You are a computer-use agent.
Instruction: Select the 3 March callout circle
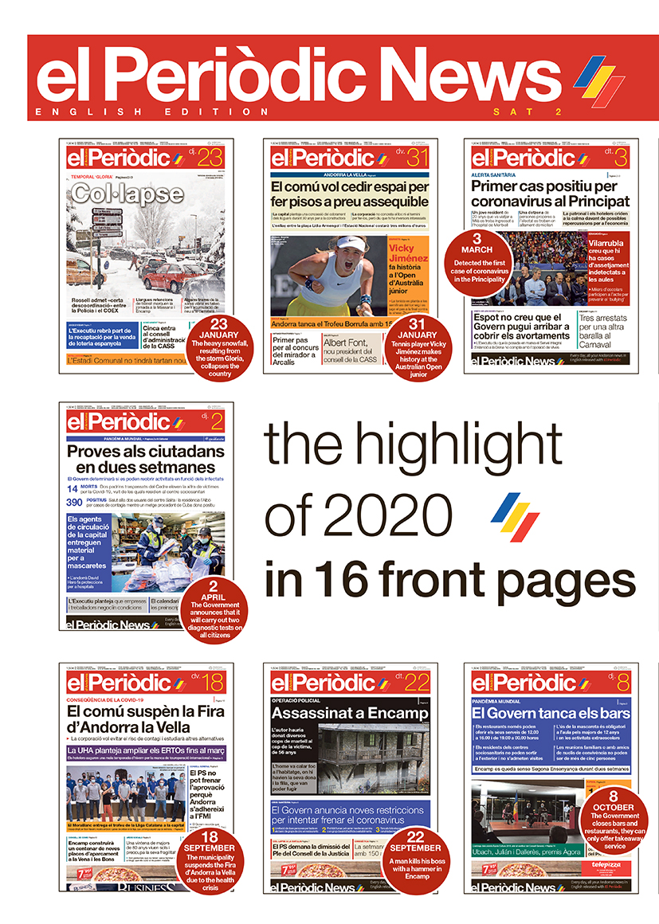pyautogui.click(x=477, y=258)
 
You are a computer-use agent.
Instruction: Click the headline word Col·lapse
pyautogui.click(x=126, y=194)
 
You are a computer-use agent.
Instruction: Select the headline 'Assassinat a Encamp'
pyautogui.click(x=349, y=713)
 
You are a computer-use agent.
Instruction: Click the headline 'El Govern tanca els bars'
pyautogui.click(x=550, y=713)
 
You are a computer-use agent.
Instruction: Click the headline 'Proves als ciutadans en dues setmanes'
pyautogui.click(x=146, y=458)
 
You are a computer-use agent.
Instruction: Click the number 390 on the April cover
pyautogui.click(x=73, y=502)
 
